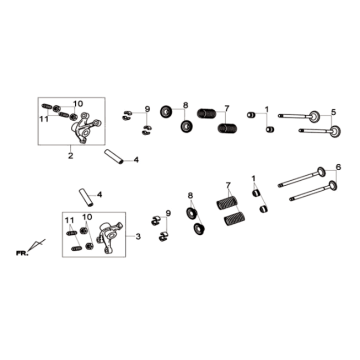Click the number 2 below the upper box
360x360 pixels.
click(x=71, y=155)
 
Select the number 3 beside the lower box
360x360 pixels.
click(x=138, y=237)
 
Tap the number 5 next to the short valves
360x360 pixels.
click(x=334, y=112)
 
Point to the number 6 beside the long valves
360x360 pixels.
click(x=339, y=168)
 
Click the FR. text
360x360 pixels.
click(x=22, y=253)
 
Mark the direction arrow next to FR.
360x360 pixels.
click(x=36, y=245)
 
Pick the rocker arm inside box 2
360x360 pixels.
click(x=86, y=128)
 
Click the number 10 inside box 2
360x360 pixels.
click(x=78, y=104)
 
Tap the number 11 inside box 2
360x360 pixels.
click(x=44, y=119)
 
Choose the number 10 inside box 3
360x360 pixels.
click(x=87, y=217)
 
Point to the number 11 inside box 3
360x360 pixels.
click(x=70, y=220)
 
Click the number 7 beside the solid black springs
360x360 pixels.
click(x=227, y=108)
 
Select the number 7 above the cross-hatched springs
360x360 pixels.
click(x=228, y=185)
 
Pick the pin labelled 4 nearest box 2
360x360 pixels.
click(x=114, y=156)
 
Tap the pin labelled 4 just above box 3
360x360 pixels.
click(x=86, y=197)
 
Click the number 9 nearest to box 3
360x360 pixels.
click(x=168, y=213)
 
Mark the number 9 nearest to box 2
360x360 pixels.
click(x=147, y=109)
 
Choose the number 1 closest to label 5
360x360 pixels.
click(x=267, y=109)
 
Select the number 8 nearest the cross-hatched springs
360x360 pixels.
click(x=190, y=195)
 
